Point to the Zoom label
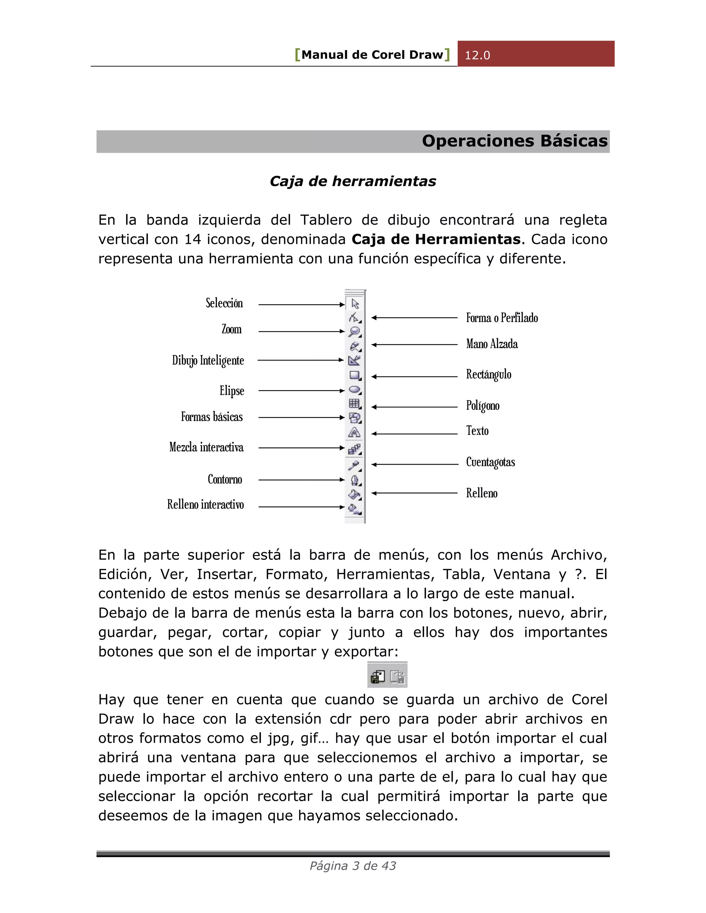tap(232, 329)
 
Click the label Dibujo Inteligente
tap(208, 360)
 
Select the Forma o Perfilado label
tap(502, 318)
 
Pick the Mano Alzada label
tap(492, 344)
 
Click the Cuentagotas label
tap(490, 462)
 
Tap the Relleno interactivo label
tap(205, 505)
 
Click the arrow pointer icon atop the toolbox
tap(355, 304)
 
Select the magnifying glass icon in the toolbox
tap(355, 331)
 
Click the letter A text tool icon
tap(354, 432)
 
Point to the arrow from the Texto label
tap(414, 434)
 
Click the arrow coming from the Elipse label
tap(301, 390)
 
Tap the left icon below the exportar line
tap(378, 676)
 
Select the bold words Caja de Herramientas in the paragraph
tap(436, 239)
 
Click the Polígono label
tap(483, 406)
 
